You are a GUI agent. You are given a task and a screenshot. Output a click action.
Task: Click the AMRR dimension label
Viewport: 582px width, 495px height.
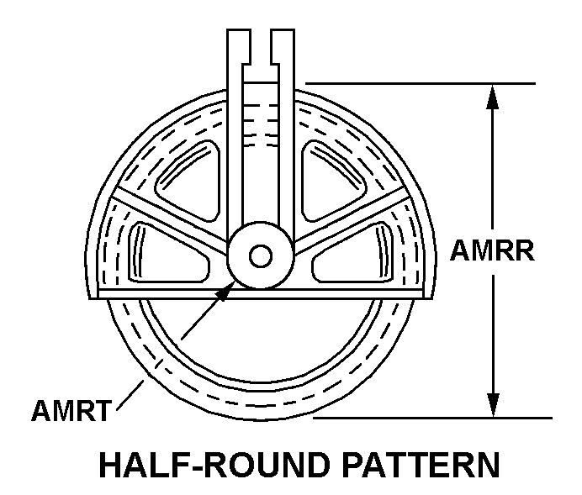tap(492, 251)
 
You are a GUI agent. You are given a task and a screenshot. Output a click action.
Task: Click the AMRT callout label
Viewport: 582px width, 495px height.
tap(71, 410)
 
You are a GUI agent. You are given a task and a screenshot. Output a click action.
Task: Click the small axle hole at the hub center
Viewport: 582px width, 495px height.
tap(261, 255)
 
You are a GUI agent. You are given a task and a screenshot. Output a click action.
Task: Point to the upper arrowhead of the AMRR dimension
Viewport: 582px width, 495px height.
tap(493, 97)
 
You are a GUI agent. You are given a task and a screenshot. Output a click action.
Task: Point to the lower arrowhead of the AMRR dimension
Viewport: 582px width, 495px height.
tap(493, 405)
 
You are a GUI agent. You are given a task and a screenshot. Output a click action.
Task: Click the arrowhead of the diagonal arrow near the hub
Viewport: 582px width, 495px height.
tap(225, 292)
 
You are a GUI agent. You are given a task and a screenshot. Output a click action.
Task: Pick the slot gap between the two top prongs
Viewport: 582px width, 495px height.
tap(261, 55)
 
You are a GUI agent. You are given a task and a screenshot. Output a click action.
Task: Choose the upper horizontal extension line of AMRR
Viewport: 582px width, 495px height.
tap(421, 83)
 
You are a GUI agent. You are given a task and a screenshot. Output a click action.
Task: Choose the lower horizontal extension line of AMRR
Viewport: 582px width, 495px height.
tap(433, 418)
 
